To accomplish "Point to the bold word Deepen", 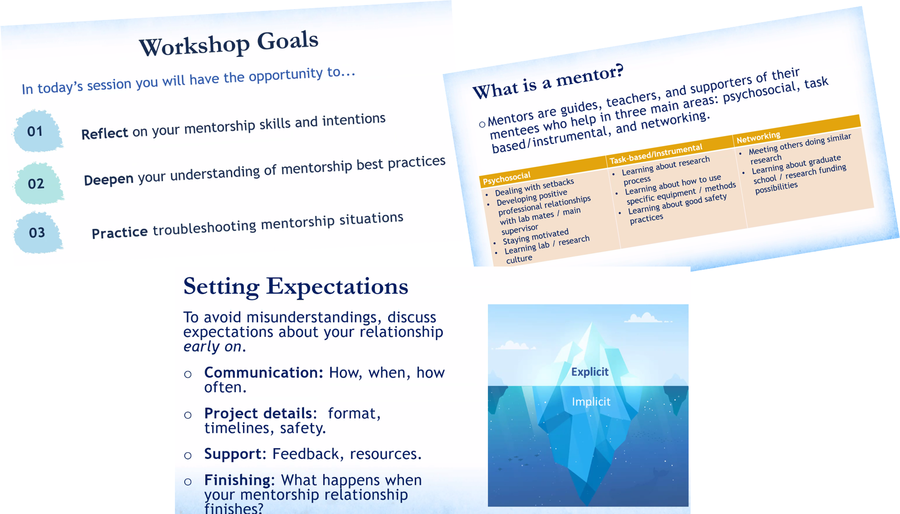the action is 109,179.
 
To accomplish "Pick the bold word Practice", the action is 119,232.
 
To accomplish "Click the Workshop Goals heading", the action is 229,44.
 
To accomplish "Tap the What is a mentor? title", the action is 548,81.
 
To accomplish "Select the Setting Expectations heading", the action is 296,287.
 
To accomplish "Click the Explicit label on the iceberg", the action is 590,372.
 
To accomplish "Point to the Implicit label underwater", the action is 591,401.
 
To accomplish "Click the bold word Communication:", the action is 264,372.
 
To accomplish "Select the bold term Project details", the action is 258,413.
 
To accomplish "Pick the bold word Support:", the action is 235,454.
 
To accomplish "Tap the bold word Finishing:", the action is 239,480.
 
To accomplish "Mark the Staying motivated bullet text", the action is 536,237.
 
